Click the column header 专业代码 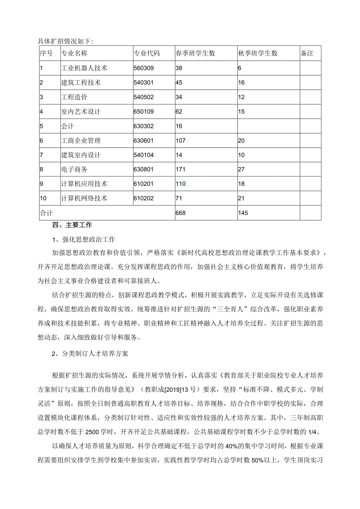click(x=147, y=53)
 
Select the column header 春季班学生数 click(x=195, y=53)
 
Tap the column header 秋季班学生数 click(x=258, y=53)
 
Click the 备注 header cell click(x=307, y=53)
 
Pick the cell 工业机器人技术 click(x=84, y=68)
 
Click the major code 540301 click(x=144, y=83)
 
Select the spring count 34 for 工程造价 click(x=179, y=97)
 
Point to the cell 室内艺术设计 click(x=81, y=112)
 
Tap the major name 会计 click(x=68, y=126)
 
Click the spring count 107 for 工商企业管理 click(x=181, y=140)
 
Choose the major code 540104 click(x=144, y=155)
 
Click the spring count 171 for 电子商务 click(x=180, y=169)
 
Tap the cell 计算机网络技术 click(x=84, y=198)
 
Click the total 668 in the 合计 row click(x=181, y=213)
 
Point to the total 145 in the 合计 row click(x=243, y=213)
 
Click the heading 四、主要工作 click(x=72, y=225)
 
